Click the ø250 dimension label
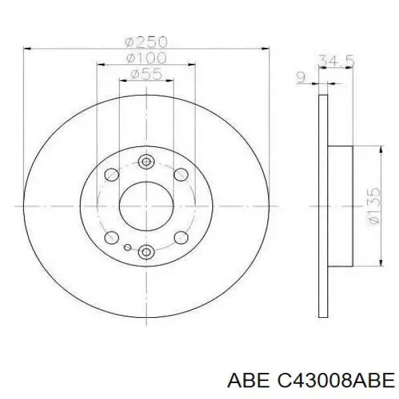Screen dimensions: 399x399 tap(146, 42)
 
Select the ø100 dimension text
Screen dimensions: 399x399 tap(146, 59)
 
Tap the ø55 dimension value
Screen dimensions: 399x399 tap(146, 74)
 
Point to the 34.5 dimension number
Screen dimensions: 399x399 tap(336, 61)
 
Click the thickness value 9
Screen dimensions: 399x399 tap(300, 78)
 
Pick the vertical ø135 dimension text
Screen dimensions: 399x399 tap(373, 207)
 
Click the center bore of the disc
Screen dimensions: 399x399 tap(146, 206)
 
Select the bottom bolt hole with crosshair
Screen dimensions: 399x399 tap(146, 251)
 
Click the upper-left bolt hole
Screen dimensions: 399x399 tap(112, 175)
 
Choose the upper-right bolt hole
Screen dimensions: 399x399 tap(180, 175)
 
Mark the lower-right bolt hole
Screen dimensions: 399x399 tap(180, 237)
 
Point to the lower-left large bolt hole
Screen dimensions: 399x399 tap(112, 237)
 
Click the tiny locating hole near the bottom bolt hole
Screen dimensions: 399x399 tap(128, 247)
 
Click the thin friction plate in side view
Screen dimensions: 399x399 tap(324, 206)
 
